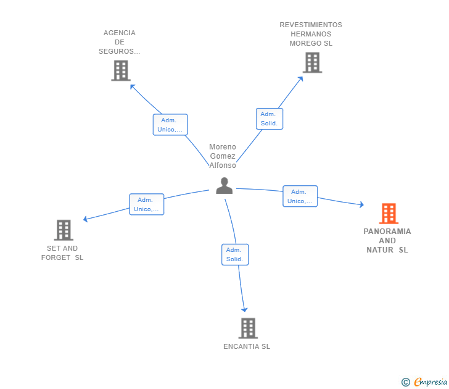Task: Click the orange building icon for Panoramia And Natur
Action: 389,214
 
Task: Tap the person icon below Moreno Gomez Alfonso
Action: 224,186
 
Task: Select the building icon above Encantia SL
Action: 248,328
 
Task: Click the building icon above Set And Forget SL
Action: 64,230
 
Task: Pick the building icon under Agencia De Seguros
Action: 121,70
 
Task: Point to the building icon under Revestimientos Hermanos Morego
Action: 313,62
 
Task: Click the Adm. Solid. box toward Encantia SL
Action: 235,254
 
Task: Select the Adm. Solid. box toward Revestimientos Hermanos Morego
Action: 270,119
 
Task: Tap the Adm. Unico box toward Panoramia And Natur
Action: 300,196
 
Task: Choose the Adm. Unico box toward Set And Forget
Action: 147,204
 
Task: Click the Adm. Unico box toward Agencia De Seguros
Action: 170,125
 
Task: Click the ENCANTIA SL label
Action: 247,346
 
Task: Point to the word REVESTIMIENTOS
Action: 311,25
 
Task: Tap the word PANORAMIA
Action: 387,232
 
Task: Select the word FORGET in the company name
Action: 56,257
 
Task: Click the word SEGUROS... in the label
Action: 120,51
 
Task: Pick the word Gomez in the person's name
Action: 223,156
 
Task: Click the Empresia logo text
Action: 430,382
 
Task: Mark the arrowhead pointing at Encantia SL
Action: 244,309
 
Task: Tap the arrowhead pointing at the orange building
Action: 361,204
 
